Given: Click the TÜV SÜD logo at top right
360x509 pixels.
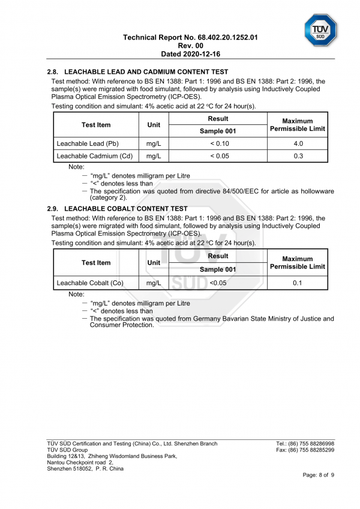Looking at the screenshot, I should tap(320, 29).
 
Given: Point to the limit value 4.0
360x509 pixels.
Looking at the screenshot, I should tap(298, 143).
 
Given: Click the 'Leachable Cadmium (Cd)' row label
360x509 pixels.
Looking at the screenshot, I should tap(94, 156).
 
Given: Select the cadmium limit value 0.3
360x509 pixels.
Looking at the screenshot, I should tap(298, 156).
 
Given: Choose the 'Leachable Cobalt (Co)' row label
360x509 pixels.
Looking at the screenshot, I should tap(89, 283).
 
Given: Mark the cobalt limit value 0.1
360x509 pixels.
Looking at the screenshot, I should tap(297, 283).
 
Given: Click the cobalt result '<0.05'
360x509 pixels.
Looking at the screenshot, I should tap(218, 283).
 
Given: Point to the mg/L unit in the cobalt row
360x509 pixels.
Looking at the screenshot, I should tap(154, 283).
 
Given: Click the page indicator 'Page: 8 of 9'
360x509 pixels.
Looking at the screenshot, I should tap(319, 475).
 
